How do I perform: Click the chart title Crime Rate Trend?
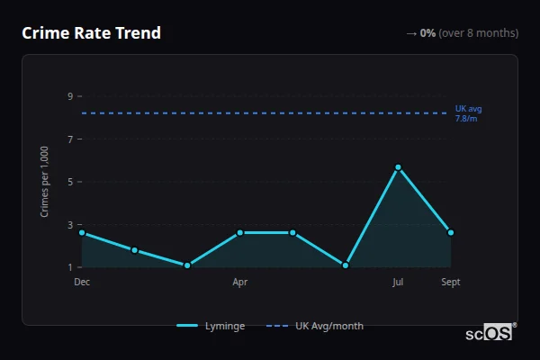(x=91, y=33)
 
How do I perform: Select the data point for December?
(x=82, y=232)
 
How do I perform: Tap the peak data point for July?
(x=398, y=167)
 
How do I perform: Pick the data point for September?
(x=451, y=232)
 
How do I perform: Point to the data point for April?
(x=240, y=232)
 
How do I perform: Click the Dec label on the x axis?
(x=82, y=282)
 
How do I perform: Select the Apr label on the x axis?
(x=240, y=282)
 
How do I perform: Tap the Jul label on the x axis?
(x=398, y=282)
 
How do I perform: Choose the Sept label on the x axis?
(x=451, y=282)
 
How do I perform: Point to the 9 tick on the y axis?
(x=69, y=96)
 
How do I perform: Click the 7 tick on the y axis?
(x=69, y=139)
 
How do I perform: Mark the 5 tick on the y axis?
(x=69, y=182)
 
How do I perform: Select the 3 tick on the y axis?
(x=69, y=224)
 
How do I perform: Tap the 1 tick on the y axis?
(x=69, y=267)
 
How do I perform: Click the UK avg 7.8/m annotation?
(x=468, y=113)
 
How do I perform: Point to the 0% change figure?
(x=427, y=33)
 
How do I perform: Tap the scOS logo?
(x=490, y=333)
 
